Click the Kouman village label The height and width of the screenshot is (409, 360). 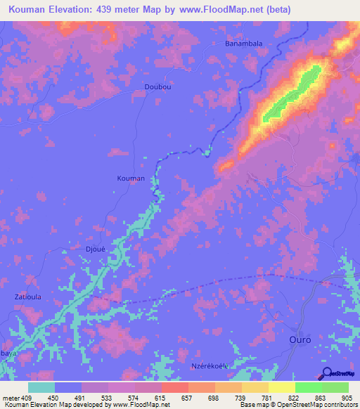[130, 178]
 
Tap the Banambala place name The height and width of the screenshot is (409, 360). [243, 44]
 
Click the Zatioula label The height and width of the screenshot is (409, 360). [28, 297]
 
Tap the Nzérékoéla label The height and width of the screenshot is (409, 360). [212, 366]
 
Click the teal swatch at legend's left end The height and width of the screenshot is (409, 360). [41, 387]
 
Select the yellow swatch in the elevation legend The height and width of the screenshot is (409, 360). [281, 387]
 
